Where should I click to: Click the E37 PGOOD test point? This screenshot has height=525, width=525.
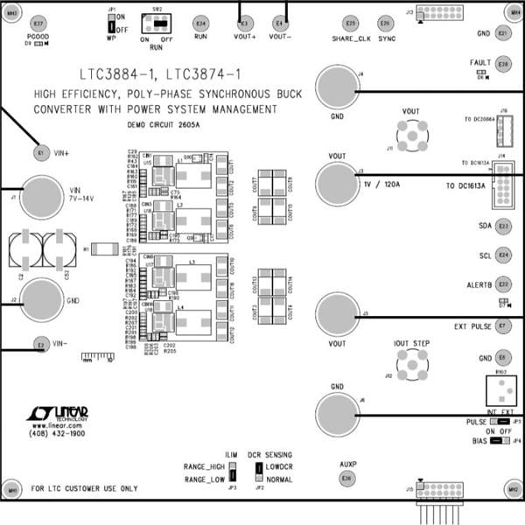click(x=38, y=23)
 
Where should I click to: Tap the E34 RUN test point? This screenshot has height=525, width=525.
click(x=201, y=23)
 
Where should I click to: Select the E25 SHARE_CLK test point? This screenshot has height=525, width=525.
click(x=352, y=23)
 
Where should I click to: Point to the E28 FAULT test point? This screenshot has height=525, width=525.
click(x=503, y=64)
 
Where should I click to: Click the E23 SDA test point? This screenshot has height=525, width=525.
click(x=503, y=227)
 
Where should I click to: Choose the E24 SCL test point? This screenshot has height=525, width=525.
click(x=503, y=255)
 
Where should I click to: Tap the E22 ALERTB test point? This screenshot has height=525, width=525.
click(x=503, y=284)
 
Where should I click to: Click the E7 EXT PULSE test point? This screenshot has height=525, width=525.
click(x=503, y=326)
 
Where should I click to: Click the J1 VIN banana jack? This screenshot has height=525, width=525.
click(x=40, y=198)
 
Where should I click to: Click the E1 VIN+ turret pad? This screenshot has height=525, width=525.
click(x=40, y=153)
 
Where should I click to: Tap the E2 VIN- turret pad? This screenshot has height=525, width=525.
click(x=40, y=344)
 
